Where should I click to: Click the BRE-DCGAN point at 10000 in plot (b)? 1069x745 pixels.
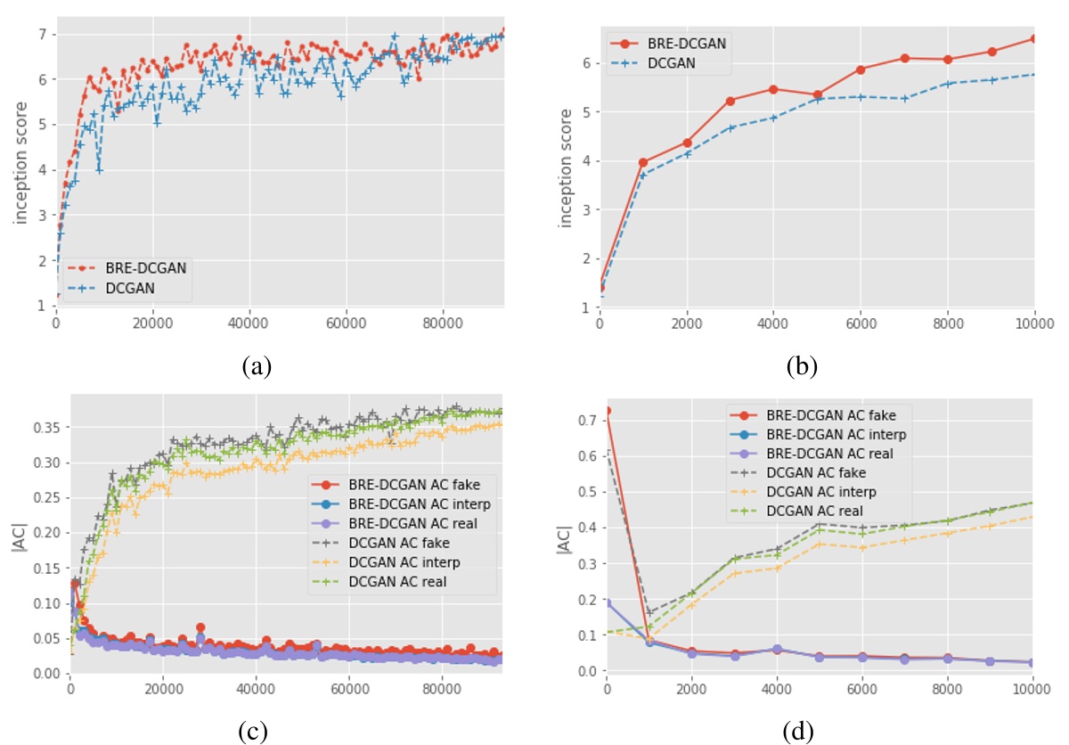[x=1033, y=38]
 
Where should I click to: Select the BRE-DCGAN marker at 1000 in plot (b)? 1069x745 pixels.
[x=642, y=163]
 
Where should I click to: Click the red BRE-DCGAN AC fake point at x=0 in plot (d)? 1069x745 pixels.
[x=607, y=411]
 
